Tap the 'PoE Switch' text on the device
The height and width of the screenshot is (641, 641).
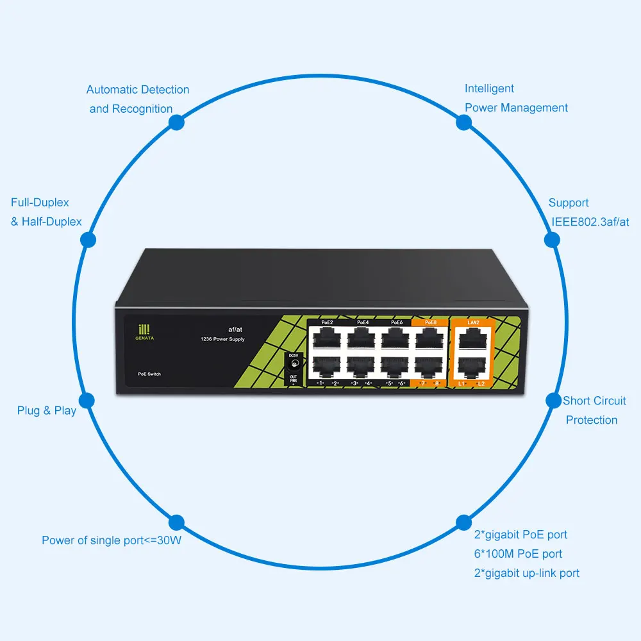149,373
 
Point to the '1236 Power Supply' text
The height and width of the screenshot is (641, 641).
222,339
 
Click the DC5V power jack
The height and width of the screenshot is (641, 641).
294,363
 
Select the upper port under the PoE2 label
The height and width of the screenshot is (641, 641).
327,338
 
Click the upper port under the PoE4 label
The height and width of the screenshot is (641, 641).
362,338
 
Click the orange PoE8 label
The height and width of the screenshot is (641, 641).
431,322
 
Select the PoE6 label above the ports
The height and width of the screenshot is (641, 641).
397,322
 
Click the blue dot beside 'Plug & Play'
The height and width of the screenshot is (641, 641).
88,401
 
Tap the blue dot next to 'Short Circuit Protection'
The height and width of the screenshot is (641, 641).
553,401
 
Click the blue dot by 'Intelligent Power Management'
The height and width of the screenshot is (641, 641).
464,121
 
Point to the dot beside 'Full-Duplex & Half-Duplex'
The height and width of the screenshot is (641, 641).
88,240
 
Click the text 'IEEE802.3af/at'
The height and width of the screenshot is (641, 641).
590,222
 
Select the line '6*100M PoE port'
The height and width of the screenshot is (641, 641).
518,554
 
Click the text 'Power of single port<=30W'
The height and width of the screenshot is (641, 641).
112,540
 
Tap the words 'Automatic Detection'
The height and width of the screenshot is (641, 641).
138,90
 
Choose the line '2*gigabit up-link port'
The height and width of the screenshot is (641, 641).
526,573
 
